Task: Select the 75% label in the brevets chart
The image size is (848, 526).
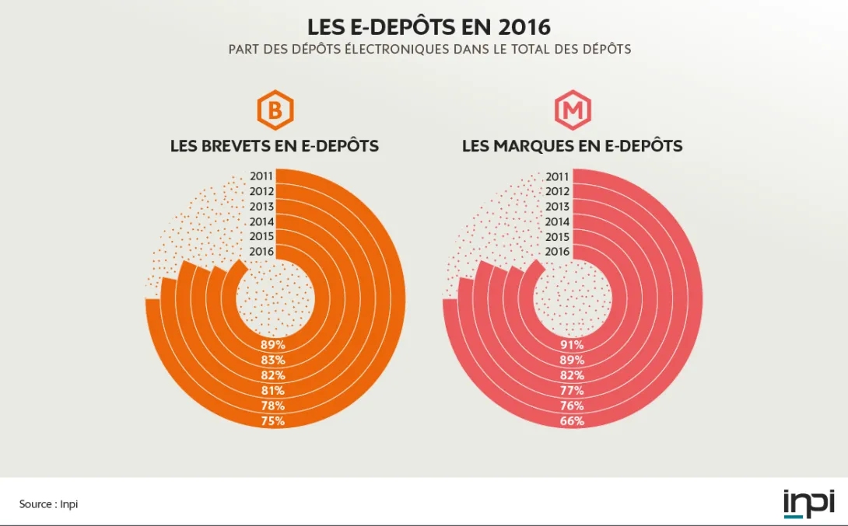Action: (x=273, y=421)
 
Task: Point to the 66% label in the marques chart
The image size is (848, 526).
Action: (x=572, y=421)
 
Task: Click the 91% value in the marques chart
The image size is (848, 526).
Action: (x=572, y=345)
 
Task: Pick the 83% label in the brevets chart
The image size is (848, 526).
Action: (x=273, y=360)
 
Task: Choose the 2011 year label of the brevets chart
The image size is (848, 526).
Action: (x=261, y=176)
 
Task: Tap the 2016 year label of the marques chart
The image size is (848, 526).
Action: (x=558, y=252)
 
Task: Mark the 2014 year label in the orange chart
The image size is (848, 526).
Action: (x=261, y=221)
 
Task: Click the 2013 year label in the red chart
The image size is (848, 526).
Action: (x=558, y=207)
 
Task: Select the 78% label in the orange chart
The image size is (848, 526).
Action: (x=273, y=406)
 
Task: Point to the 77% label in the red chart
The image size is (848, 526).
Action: (x=572, y=390)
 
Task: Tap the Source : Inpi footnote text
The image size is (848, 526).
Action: (x=49, y=504)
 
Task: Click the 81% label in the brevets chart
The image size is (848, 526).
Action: (x=273, y=390)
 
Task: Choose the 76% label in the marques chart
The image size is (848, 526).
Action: (x=572, y=406)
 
